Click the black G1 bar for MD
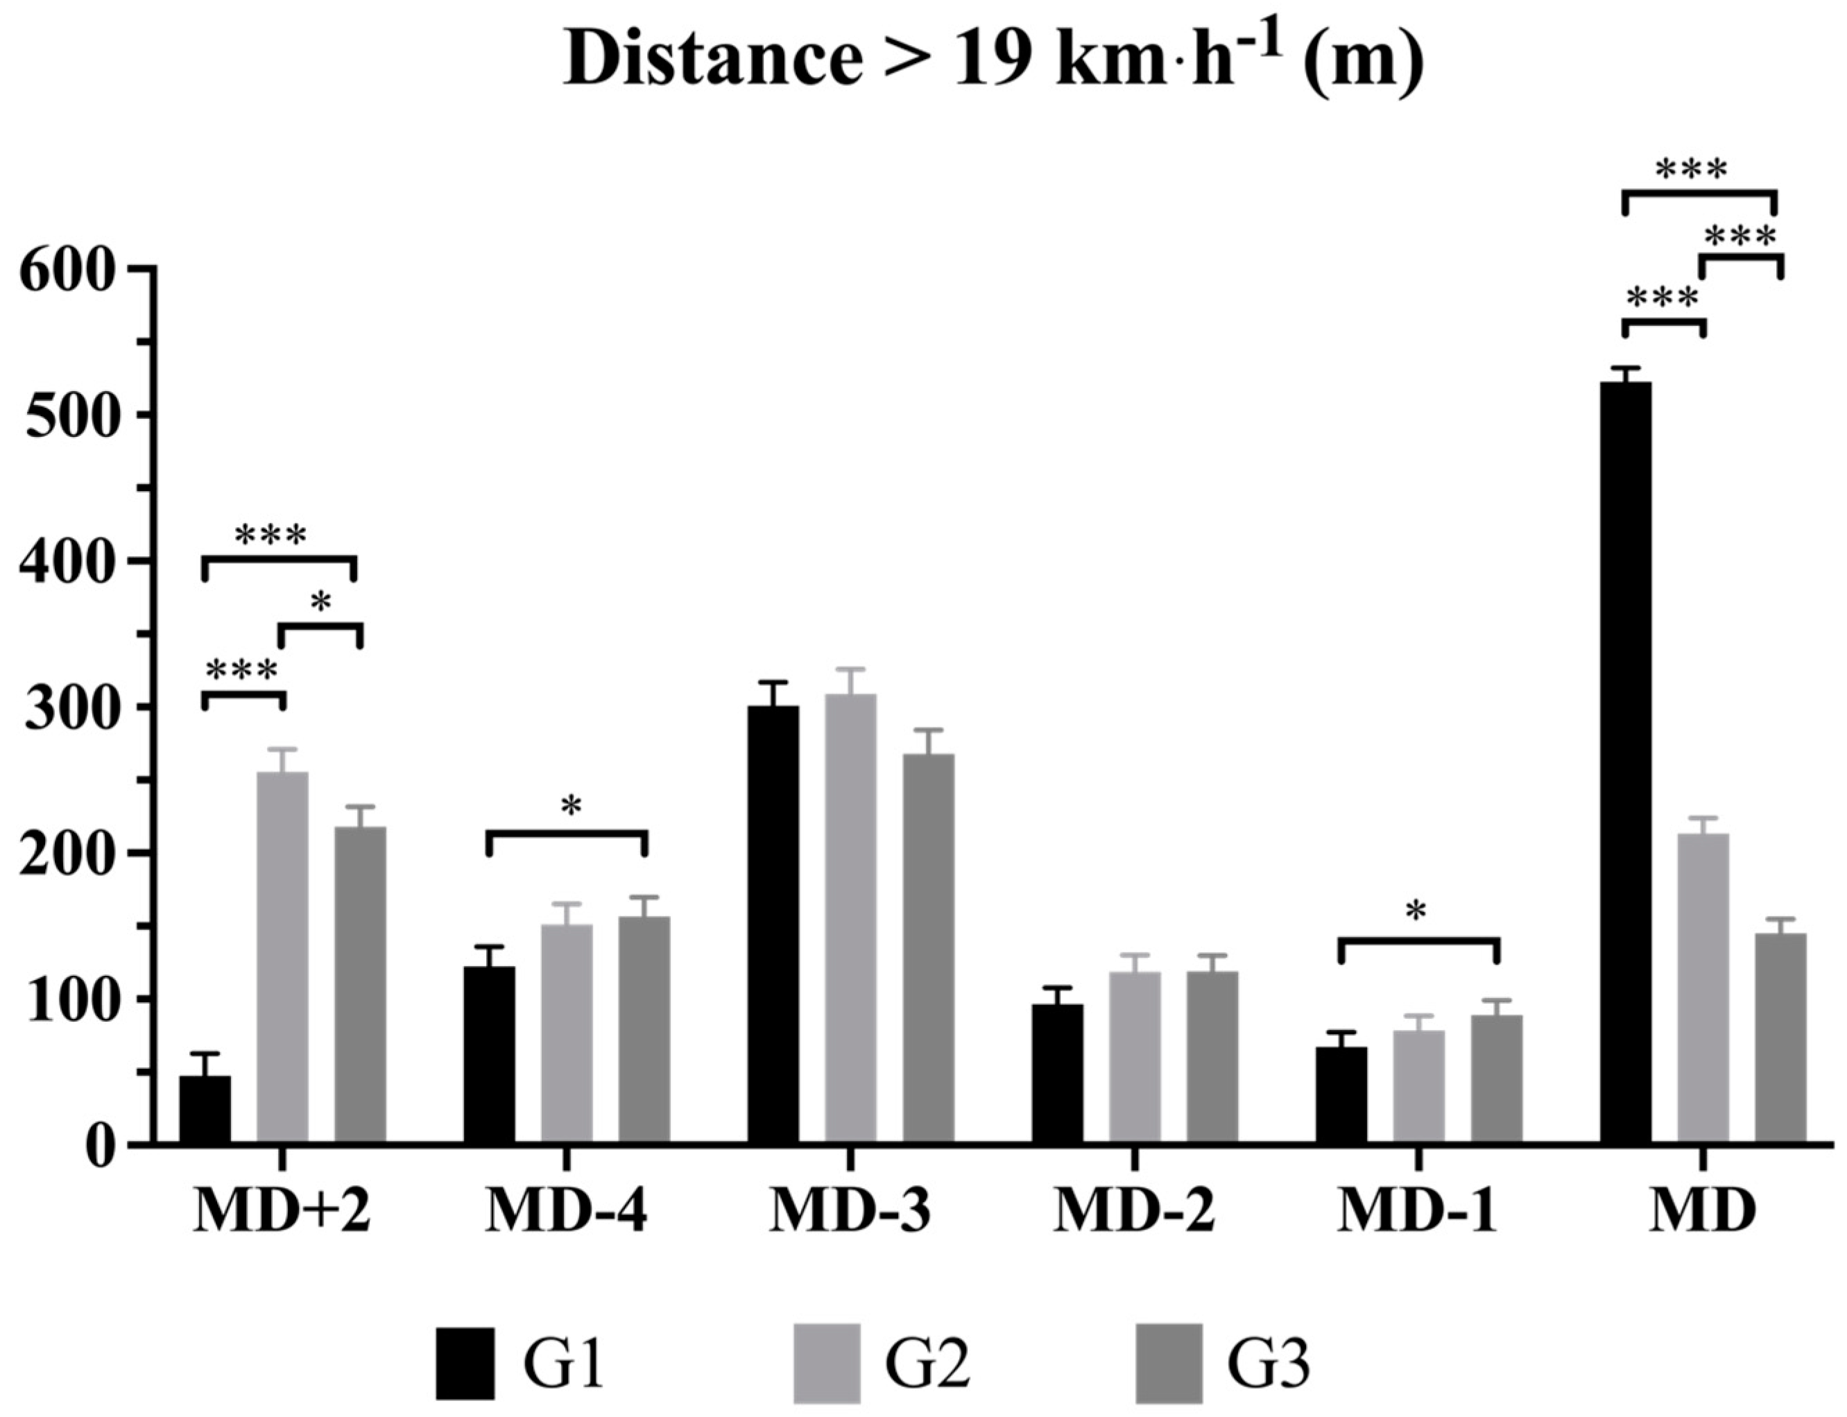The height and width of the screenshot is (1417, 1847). tap(1624, 764)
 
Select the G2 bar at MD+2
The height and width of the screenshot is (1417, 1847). tap(282, 957)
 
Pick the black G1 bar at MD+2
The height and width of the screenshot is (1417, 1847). tap(205, 1109)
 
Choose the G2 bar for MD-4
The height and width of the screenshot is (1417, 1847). tap(566, 1034)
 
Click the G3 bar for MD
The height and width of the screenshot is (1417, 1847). tap(1780, 1038)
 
